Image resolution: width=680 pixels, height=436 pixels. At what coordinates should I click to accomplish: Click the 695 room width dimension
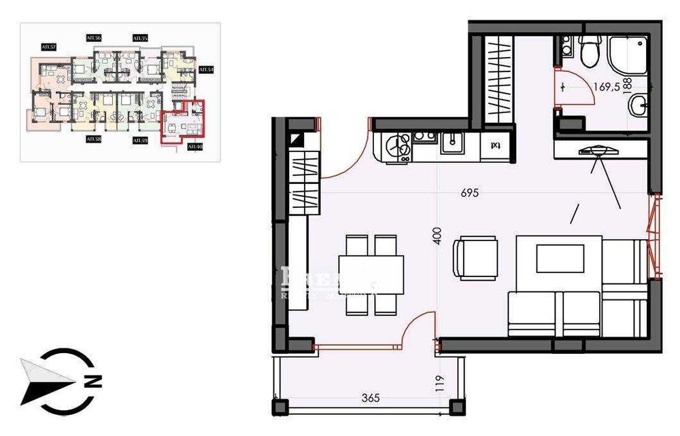(x=469, y=193)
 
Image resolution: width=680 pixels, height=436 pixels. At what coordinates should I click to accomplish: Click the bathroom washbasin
(x=639, y=105)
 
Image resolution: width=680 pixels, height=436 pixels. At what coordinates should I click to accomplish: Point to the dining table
(x=371, y=274)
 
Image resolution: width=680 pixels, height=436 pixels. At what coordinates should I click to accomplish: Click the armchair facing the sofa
(x=477, y=257)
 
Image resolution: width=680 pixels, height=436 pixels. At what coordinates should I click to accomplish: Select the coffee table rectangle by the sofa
(x=560, y=258)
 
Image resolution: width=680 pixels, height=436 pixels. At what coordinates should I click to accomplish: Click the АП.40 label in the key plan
(x=194, y=146)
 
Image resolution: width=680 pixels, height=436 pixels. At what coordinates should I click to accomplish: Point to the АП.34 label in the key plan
(x=205, y=70)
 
